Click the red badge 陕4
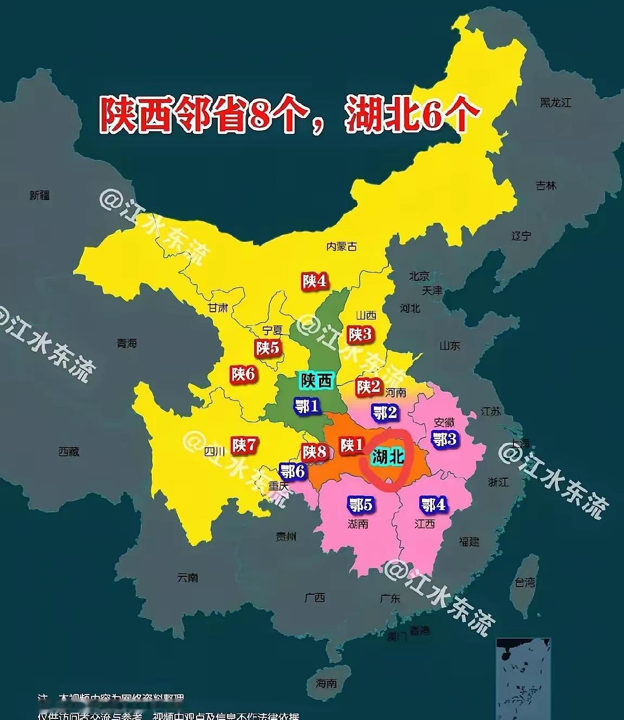coord(314,281)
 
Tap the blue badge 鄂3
coord(444,439)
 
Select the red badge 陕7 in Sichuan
coord(244,446)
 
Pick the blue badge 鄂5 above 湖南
coord(360,505)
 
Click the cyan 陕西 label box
coord(317,381)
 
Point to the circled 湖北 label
coord(388,457)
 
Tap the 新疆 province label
coord(40,195)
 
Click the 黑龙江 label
coord(555,102)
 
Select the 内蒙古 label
coord(341,246)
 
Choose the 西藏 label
coord(69,452)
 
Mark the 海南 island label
coord(327,684)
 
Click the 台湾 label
coord(524,582)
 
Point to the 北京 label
coord(419,277)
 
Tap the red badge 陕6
coord(243,374)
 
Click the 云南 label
coord(187,578)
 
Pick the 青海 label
coord(127,343)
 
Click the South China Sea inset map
coord(523,678)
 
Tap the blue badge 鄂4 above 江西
coord(433,505)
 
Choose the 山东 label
coord(450,345)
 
